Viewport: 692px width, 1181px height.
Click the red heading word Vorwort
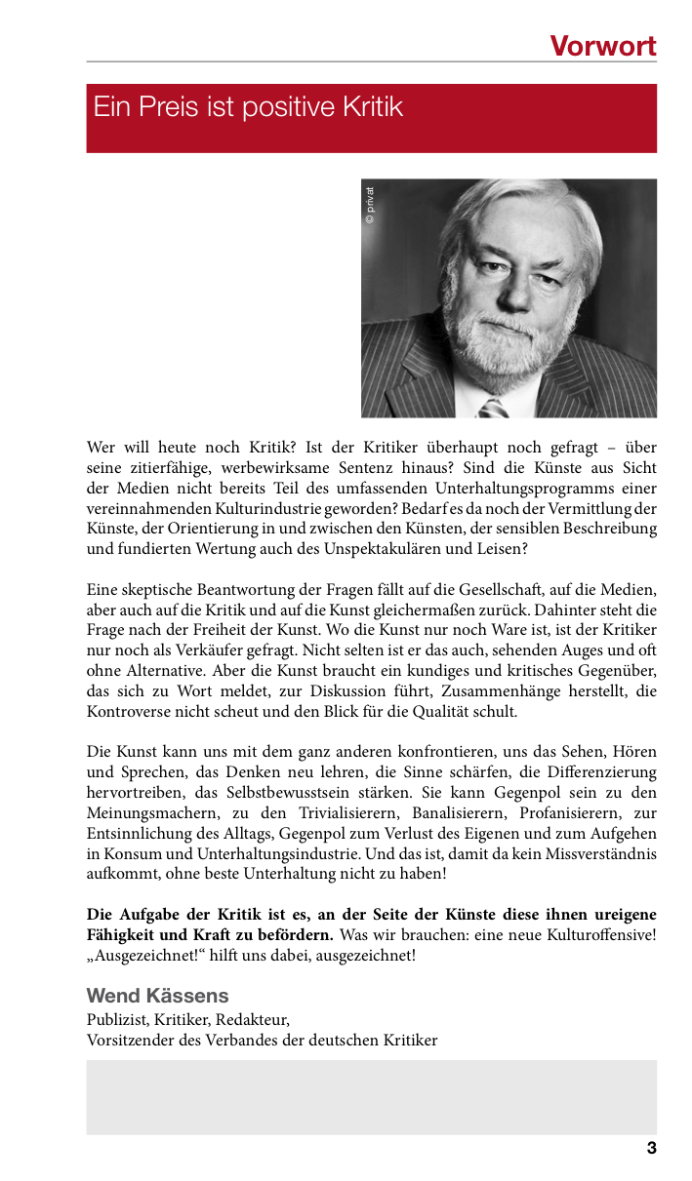602,46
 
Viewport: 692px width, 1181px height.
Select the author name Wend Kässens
157,996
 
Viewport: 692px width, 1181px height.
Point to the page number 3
651,1149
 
